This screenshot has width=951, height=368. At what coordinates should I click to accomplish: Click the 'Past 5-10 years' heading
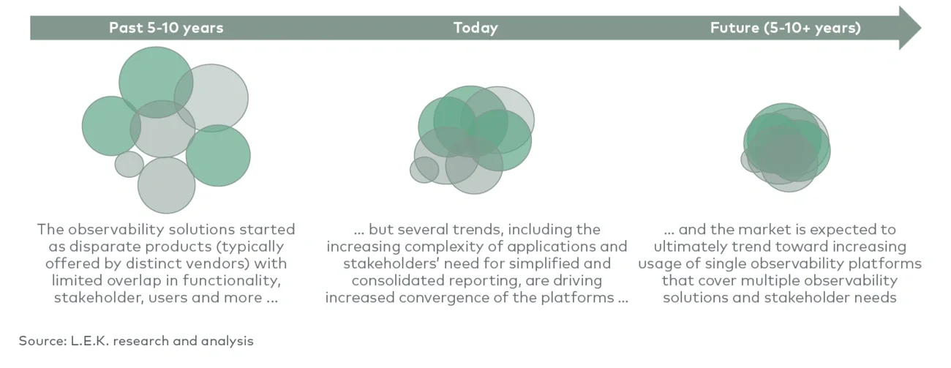click(x=166, y=28)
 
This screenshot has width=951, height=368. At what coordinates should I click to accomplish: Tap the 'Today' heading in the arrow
click(x=475, y=28)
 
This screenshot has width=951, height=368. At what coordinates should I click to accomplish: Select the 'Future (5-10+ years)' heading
click(x=785, y=28)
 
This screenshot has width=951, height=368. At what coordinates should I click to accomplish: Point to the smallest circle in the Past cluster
click(x=129, y=164)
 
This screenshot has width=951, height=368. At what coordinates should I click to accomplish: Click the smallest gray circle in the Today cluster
click(x=424, y=170)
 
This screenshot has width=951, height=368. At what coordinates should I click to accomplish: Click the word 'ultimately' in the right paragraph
click(x=692, y=247)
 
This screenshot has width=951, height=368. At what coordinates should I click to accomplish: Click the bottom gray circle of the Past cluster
click(x=166, y=185)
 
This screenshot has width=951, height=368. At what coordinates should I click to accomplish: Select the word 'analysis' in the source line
click(x=228, y=341)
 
